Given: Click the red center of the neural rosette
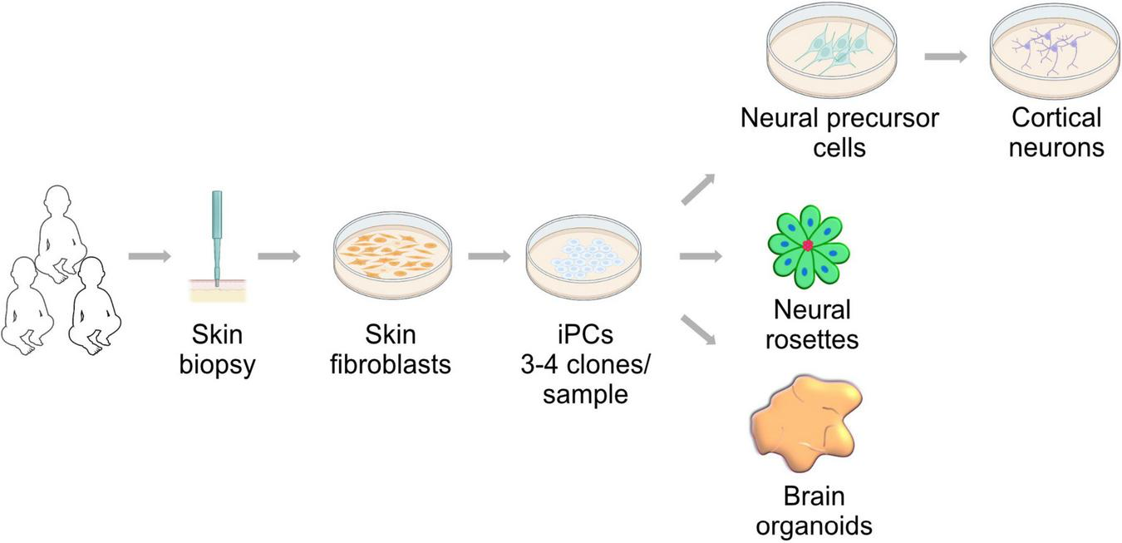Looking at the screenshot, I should pos(807,246).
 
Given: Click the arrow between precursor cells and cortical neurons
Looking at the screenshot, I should pos(946,57).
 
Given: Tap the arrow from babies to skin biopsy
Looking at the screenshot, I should pos(150,256).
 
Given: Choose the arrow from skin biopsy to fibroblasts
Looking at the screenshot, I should pos(278,256).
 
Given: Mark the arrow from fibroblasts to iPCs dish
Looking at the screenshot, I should pos(489,256).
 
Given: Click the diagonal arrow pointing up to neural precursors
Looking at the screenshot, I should pos(697,190).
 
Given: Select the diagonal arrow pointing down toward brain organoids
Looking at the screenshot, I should pos(697,328).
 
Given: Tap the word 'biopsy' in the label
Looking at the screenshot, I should pos(216,364).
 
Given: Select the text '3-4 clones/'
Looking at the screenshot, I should pos(585,364).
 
